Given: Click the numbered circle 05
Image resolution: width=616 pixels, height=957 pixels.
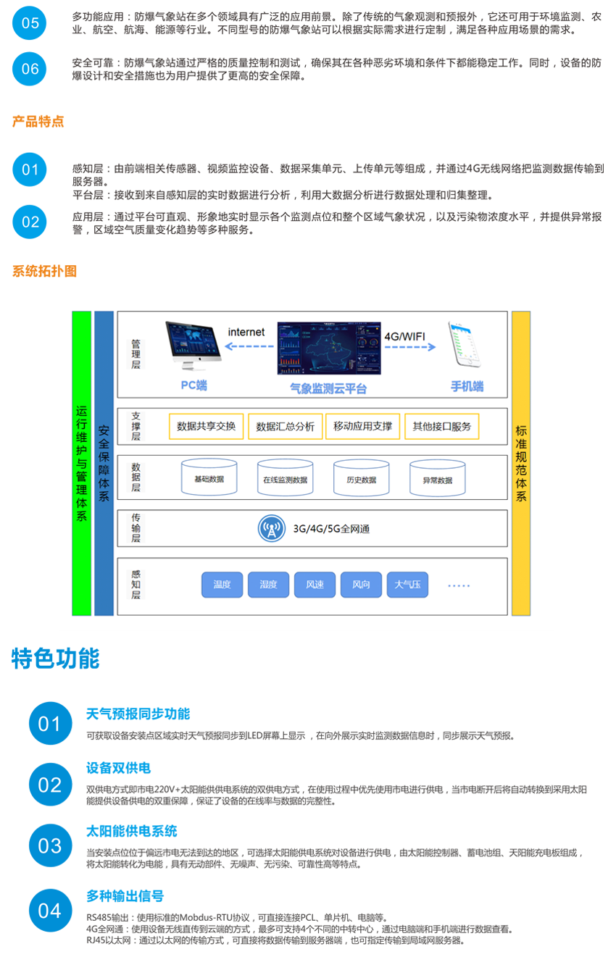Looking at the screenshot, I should (30, 23).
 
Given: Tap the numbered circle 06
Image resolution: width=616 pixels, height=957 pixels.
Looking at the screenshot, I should (30, 70).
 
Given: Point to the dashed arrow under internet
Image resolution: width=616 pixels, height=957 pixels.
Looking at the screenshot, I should (246, 347).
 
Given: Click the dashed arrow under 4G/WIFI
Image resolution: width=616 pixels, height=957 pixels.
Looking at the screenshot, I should (410, 347).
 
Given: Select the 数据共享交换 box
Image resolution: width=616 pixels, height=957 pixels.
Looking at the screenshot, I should (207, 426).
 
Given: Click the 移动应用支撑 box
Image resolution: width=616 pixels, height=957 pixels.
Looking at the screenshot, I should (362, 426).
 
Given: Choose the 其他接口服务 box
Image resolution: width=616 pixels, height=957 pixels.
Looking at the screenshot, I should (441, 426).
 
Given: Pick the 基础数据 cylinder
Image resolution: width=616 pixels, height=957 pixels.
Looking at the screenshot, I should (209, 478).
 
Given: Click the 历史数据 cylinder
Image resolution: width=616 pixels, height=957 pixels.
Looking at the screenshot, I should (361, 478).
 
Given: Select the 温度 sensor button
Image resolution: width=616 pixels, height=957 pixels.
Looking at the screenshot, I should (222, 585).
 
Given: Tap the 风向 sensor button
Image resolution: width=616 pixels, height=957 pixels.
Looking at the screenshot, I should (361, 585).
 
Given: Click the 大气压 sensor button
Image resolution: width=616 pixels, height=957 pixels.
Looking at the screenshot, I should (407, 585).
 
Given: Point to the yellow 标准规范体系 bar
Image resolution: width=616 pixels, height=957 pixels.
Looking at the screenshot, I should (521, 463).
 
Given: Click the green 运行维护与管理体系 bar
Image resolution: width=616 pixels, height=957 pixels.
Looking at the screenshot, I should (81, 463).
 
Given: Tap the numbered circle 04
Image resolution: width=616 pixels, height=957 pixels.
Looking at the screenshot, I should (50, 911).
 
